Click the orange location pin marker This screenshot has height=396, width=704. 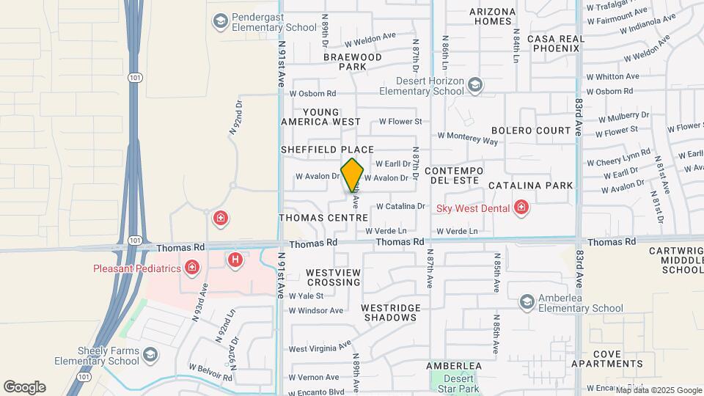pos(353,175)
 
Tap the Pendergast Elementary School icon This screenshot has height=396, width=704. pos(219,21)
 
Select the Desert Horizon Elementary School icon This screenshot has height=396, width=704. pos(475,85)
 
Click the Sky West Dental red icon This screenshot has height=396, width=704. pos(521,208)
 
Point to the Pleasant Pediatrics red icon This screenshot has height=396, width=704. pos(192,268)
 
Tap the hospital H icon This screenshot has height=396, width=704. pos(235,259)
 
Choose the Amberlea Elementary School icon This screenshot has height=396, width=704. pos(527,301)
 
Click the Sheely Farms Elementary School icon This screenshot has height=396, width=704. pos(150,355)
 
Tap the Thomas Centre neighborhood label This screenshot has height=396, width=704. pos(323,218)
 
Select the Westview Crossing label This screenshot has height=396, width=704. pos(334,277)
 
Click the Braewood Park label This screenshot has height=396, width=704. pos(353,62)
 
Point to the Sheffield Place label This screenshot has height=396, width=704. pos(322,150)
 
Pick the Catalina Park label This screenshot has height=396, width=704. pos(530,186)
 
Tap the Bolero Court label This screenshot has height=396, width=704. pos(531,131)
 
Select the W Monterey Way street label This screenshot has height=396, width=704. pos(468,137)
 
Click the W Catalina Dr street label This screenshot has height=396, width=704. pos(400,206)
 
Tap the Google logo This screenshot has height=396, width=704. pos(24,386)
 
